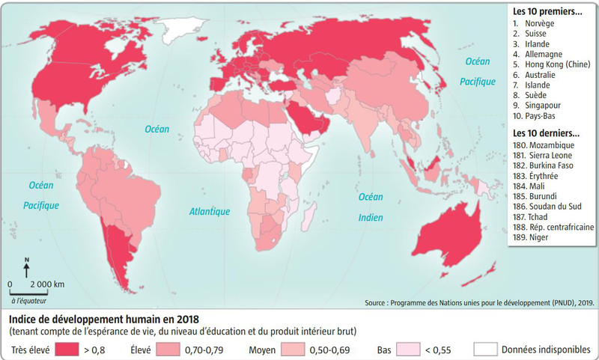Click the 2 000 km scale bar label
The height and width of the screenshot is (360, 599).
[x=46, y=284]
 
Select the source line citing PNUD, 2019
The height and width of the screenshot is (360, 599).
[x=479, y=303]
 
